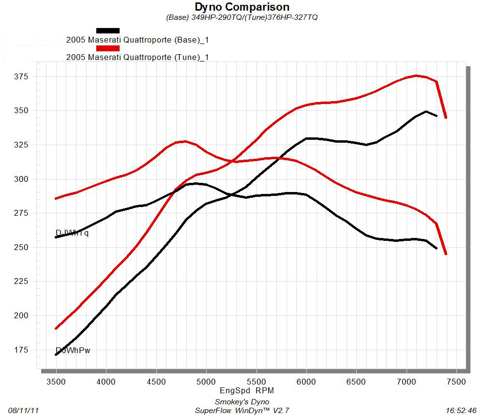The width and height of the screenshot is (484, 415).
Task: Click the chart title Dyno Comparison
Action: click(x=242, y=7)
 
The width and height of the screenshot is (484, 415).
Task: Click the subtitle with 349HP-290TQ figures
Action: click(x=242, y=17)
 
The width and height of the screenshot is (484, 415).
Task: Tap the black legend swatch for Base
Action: click(x=108, y=30)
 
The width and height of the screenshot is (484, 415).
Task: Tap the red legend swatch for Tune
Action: click(x=108, y=48)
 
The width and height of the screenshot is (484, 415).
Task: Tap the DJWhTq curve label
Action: click(x=72, y=233)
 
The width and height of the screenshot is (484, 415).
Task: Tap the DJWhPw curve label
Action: click(x=73, y=350)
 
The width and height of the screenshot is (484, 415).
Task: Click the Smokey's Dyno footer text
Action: click(x=242, y=402)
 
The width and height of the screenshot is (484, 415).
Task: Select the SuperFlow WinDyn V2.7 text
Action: click(x=242, y=411)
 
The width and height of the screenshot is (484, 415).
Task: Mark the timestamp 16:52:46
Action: click(x=462, y=410)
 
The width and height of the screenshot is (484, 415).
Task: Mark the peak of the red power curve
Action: click(x=416, y=75)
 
